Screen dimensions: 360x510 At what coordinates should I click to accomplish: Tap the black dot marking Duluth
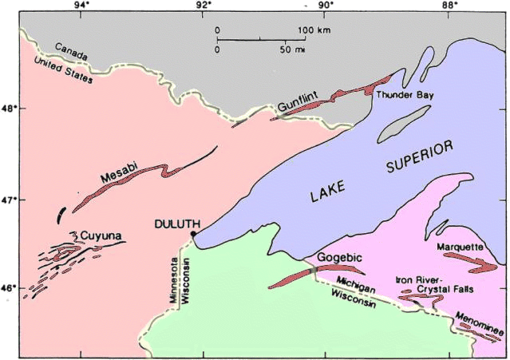[193, 234]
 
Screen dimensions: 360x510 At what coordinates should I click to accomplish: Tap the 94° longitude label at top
[81, 6]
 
